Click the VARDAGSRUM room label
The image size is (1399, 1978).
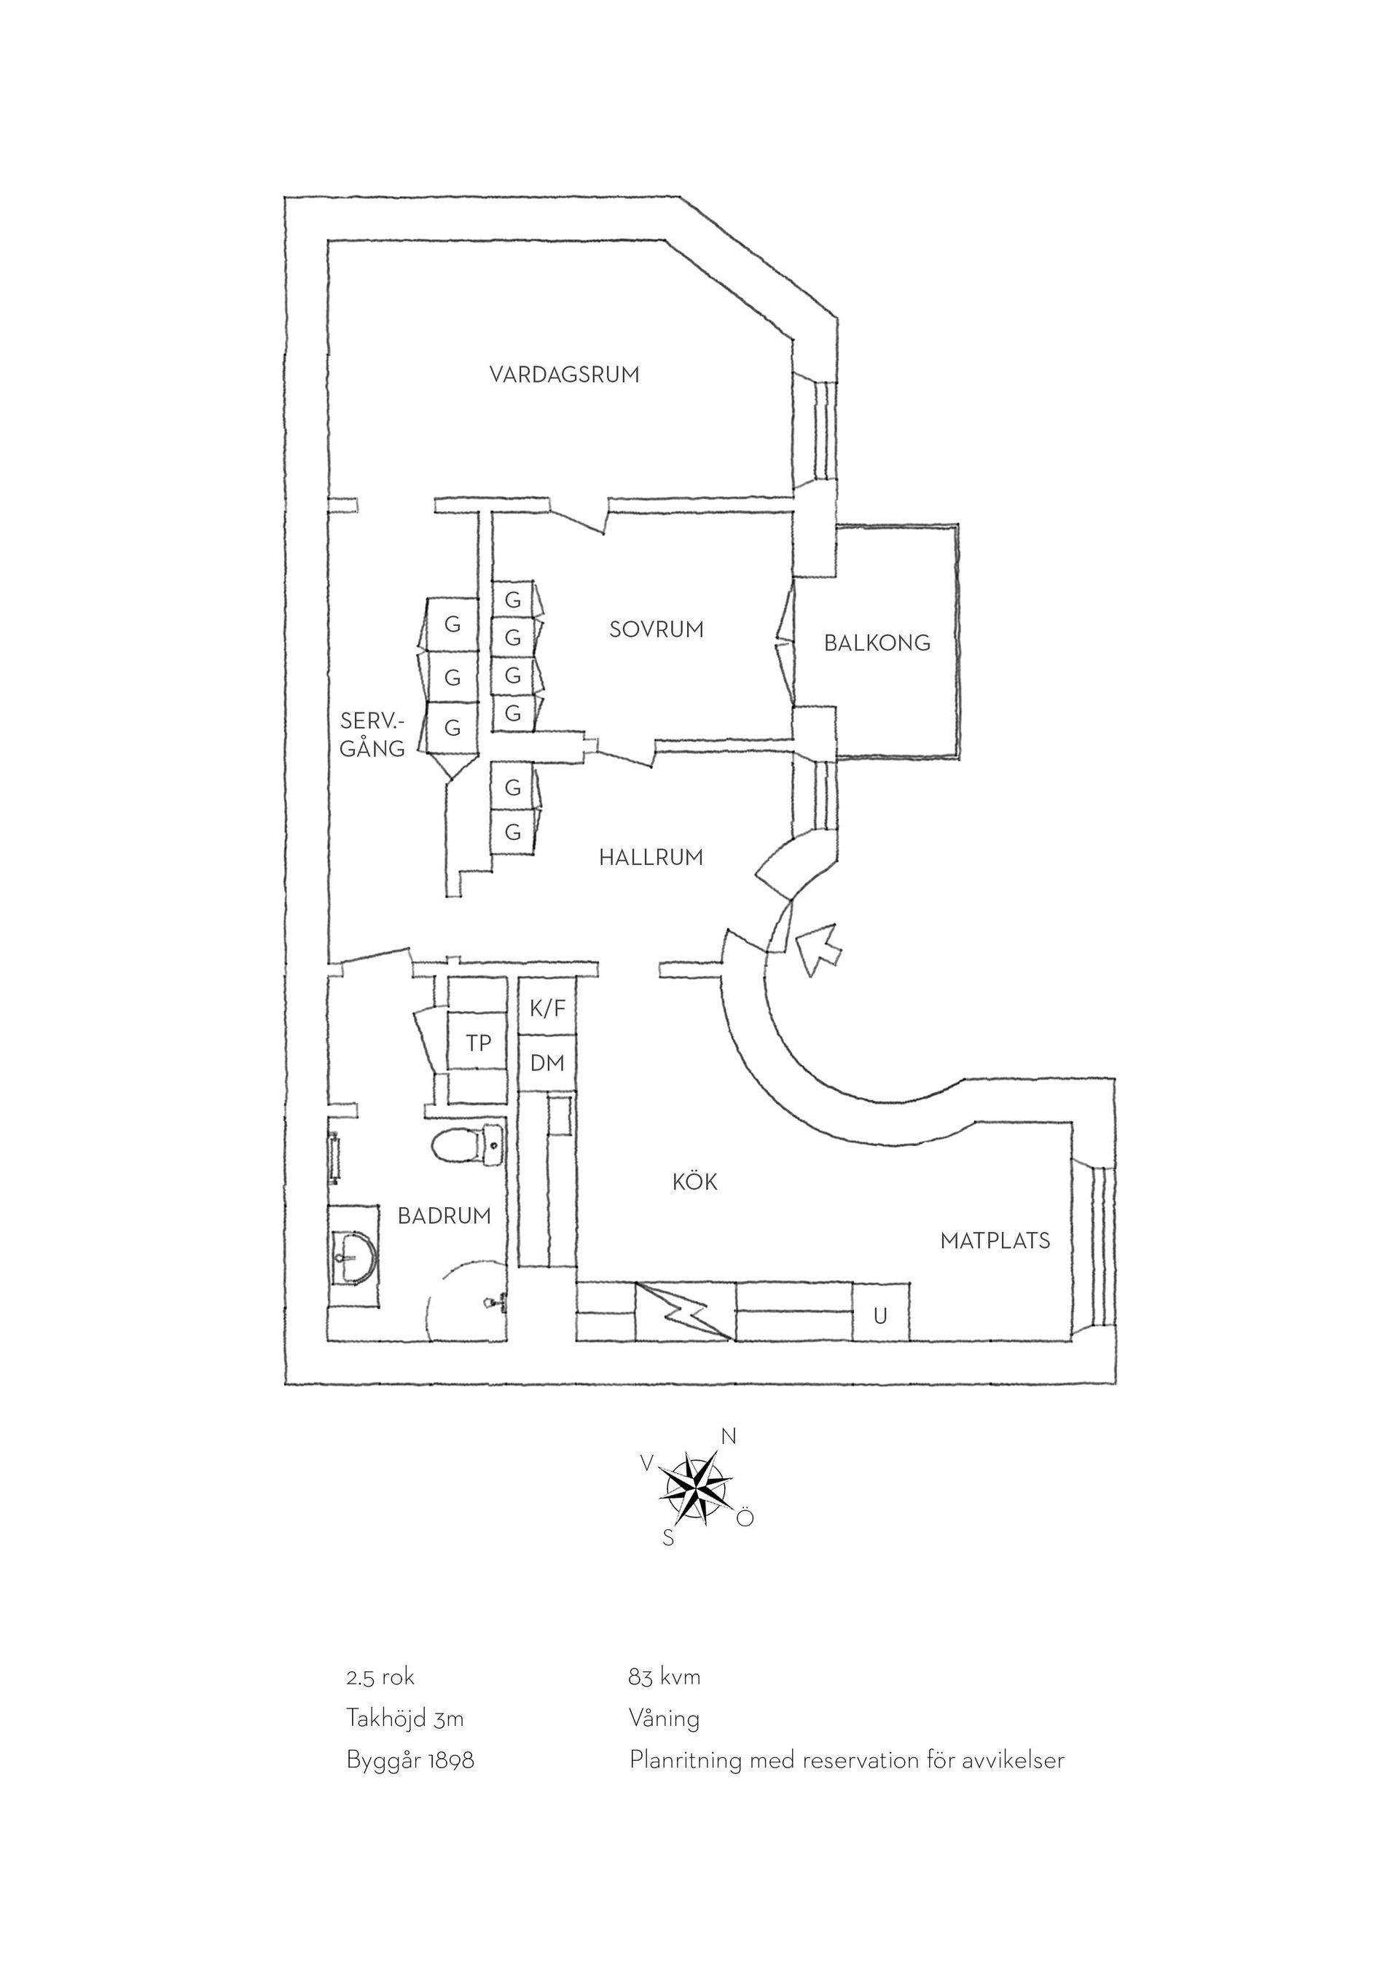pos(564,374)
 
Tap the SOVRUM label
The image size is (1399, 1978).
pos(657,629)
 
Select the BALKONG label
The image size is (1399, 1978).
pos(877,643)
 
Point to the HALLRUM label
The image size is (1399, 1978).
pos(651,857)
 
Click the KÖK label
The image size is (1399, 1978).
pos(694,1181)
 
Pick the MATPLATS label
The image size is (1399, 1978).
pos(995,1241)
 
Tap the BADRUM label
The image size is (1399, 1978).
pos(444,1215)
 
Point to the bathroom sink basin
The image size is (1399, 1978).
pos(353,1257)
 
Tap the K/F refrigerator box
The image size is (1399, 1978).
pos(547,1008)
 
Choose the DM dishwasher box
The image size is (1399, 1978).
pos(547,1063)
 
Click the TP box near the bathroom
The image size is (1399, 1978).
pos(478,1043)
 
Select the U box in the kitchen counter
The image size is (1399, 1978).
pos(880,1316)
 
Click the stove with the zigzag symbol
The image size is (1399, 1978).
pos(686,1311)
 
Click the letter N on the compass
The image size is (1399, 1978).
pos(729,1436)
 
